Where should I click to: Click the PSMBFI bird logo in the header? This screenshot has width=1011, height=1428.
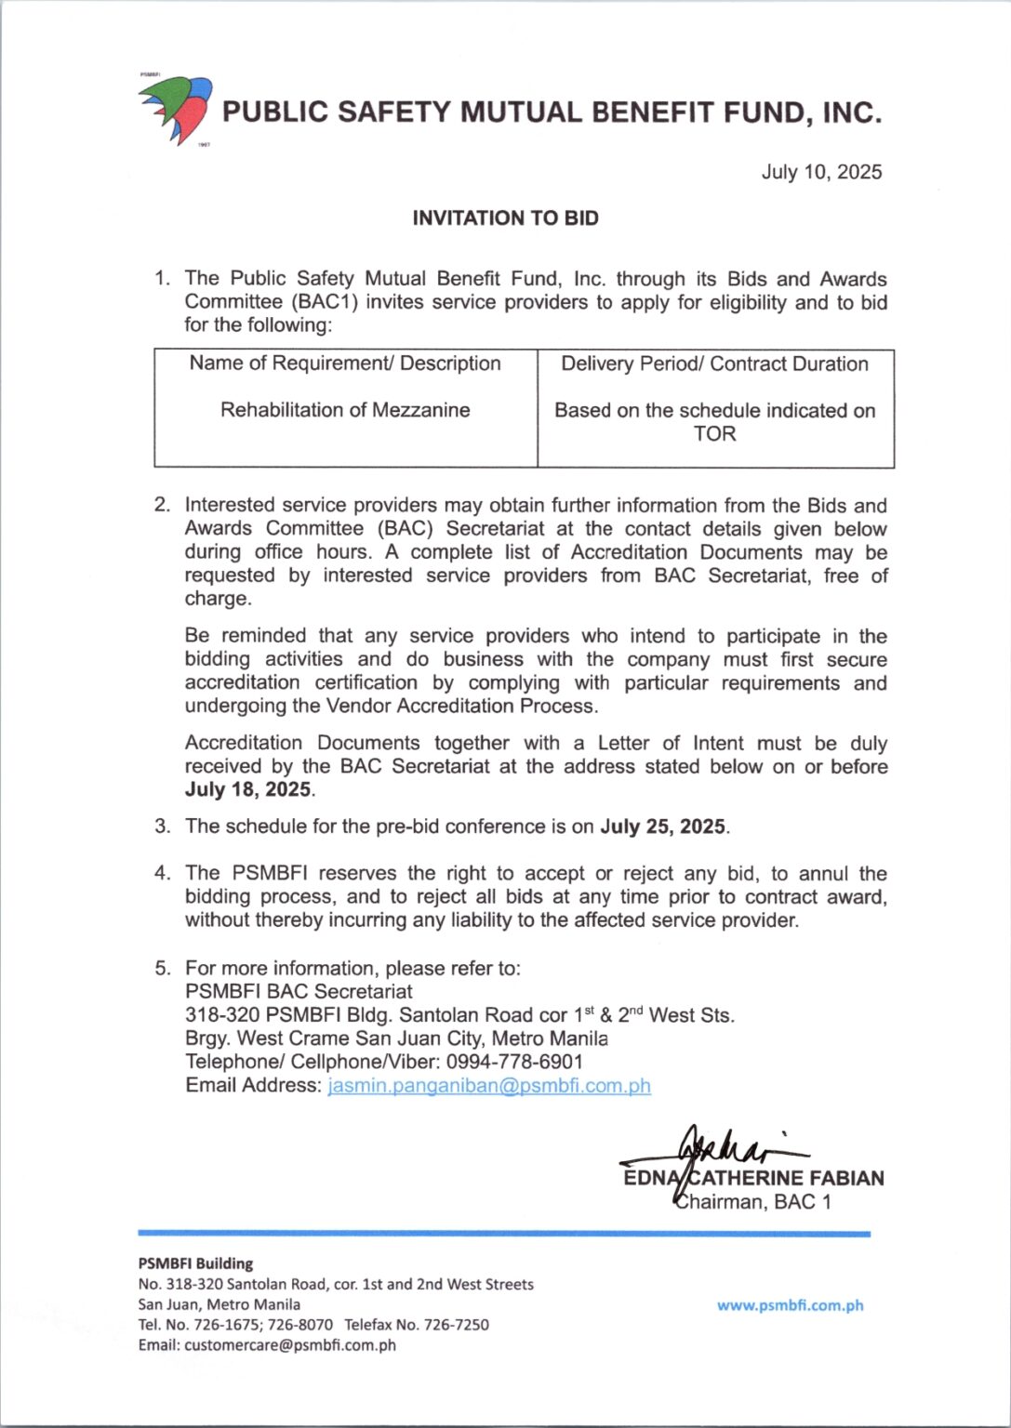point(176,109)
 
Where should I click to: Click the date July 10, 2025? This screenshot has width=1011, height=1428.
point(821,172)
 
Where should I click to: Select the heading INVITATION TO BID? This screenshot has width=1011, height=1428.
point(505,218)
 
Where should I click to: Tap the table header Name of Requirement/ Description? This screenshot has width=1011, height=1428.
point(345,364)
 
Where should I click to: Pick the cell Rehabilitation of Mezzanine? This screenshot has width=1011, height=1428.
point(345,410)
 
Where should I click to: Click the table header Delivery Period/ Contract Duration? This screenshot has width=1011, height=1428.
point(714,364)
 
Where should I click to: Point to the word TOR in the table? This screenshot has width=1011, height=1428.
point(714,434)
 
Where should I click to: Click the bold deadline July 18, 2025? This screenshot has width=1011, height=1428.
point(248,790)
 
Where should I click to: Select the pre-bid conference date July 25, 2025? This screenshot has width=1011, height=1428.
point(663,826)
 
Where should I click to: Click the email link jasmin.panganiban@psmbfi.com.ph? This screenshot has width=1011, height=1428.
point(489,1086)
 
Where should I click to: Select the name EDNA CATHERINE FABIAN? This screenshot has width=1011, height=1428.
point(753,1179)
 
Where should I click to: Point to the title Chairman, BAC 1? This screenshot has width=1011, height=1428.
point(752,1202)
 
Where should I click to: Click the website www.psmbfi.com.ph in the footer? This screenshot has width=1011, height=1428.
point(790,1305)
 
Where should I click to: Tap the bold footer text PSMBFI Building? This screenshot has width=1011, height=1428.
point(195,1263)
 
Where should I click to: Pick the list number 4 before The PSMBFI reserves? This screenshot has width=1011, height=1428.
point(162,874)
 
